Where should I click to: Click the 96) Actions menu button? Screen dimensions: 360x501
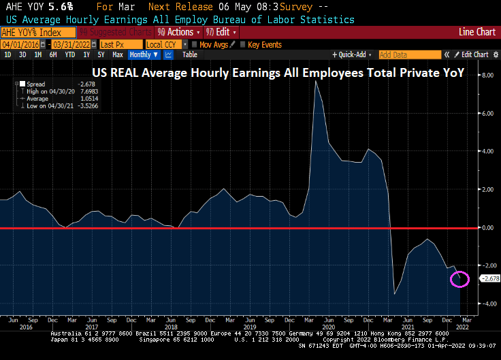click(178, 32)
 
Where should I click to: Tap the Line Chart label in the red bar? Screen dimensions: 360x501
click(476, 32)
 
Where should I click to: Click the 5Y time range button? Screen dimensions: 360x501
click(101, 54)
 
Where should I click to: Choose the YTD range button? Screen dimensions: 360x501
click(70, 54)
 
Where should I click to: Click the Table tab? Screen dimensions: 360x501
click(190, 54)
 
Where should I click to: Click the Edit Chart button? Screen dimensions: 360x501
click(475, 54)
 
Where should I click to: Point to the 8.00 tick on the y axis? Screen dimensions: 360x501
click(487, 76)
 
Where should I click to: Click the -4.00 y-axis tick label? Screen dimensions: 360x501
click(487, 304)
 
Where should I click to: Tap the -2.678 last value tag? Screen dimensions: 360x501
click(490, 278)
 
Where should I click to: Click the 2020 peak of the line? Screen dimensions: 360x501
click(315, 82)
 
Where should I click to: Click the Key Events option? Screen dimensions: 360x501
click(264, 44)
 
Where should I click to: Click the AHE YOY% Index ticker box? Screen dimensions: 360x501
click(31, 32)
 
